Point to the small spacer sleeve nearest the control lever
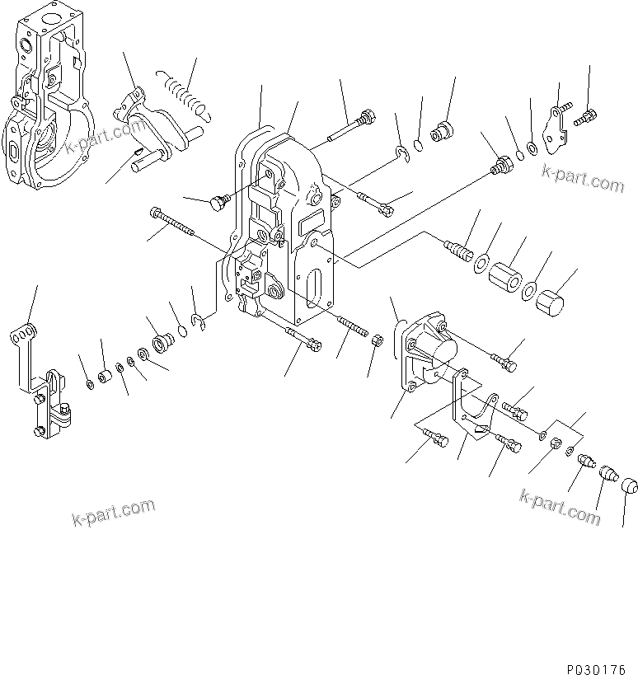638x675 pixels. (x=106, y=377)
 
